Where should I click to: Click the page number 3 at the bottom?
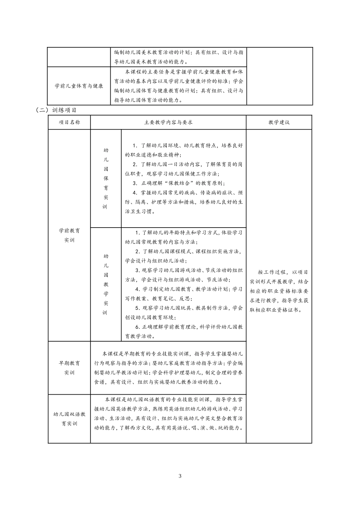pos(180,476)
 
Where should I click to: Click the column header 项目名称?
pos(69,122)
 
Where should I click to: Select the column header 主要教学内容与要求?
pos(168,122)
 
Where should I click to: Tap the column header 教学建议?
pos(279,122)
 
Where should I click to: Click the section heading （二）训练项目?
pos(56,110)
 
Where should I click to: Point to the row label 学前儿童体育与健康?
pos(79,86)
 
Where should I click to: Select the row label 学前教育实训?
pos(69,235)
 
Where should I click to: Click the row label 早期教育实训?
pos(69,368)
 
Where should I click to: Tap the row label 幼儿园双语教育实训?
pos(69,419)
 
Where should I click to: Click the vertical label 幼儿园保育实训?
pos(106,178)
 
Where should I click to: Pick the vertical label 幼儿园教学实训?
pos(106,284)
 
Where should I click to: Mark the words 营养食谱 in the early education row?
pos(235,373)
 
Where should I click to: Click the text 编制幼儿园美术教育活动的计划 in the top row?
pos(151,52)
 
